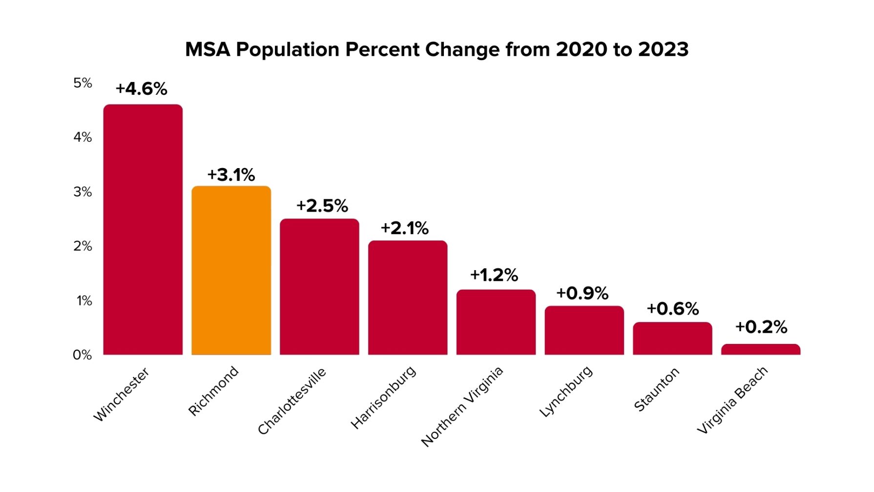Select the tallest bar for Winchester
(x=143, y=230)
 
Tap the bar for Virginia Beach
(x=760, y=349)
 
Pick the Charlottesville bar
(x=319, y=287)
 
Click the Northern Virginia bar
(x=496, y=322)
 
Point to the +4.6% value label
(x=141, y=89)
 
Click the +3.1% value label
(x=231, y=175)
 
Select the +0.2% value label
(x=761, y=327)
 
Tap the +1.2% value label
(x=494, y=275)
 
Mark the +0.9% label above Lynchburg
(x=582, y=293)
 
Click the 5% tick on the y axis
(x=83, y=83)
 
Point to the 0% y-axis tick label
(x=82, y=355)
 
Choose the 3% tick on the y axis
(x=83, y=192)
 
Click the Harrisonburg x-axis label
(x=383, y=397)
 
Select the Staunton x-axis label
(x=656, y=389)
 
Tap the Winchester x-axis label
(x=121, y=394)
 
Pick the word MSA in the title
(x=207, y=50)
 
